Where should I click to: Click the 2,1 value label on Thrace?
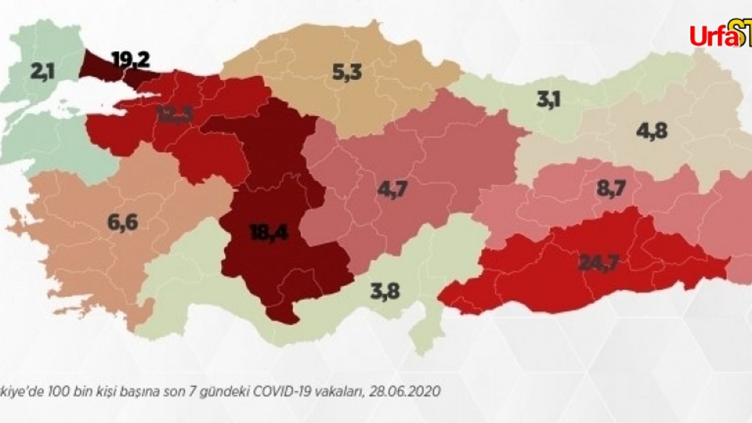coord(42,72)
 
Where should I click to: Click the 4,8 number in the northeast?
coord(652,130)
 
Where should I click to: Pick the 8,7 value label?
coord(612,189)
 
